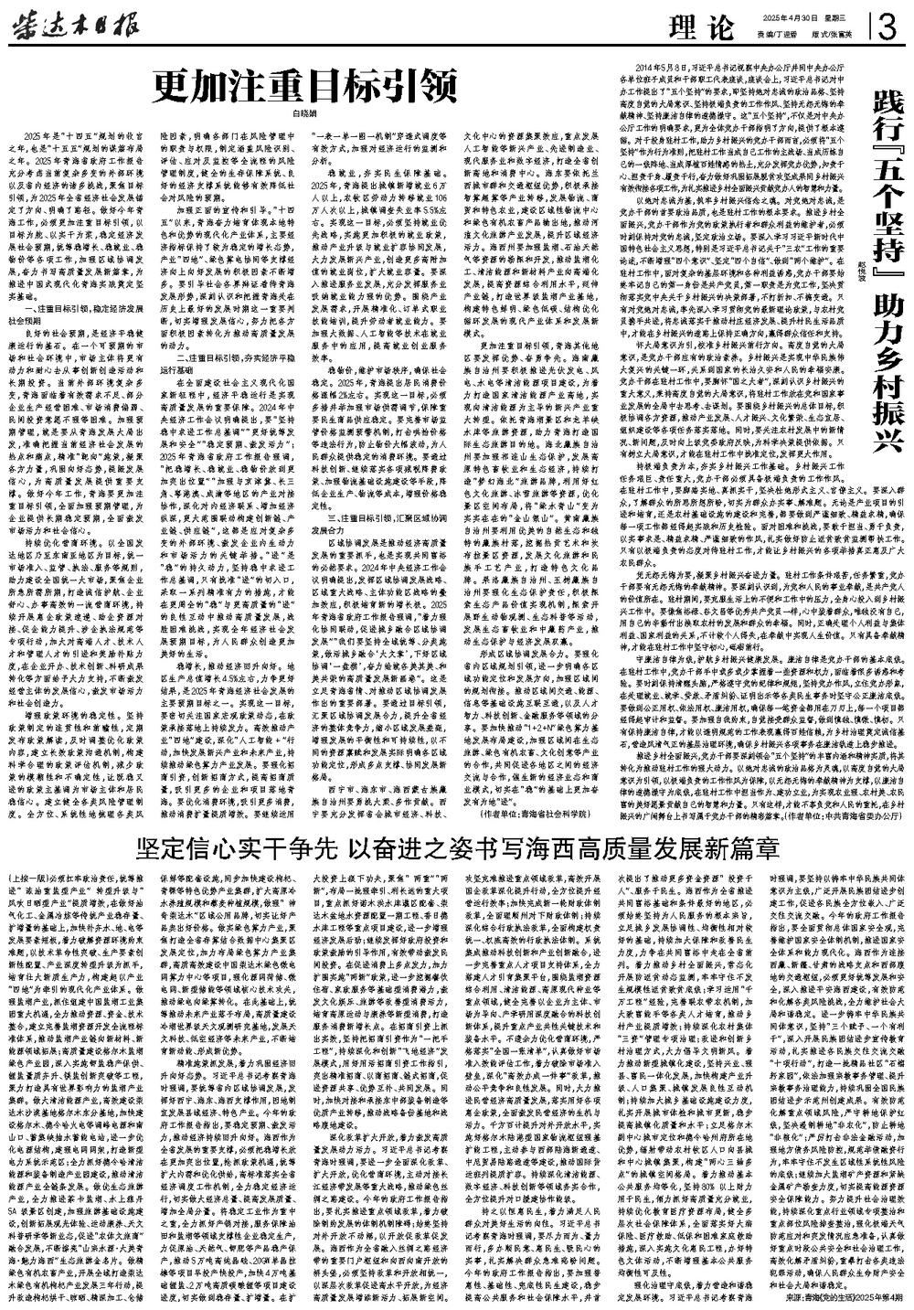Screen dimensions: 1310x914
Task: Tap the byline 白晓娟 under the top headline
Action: click(303, 115)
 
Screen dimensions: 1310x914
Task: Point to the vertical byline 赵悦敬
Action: click(860, 266)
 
